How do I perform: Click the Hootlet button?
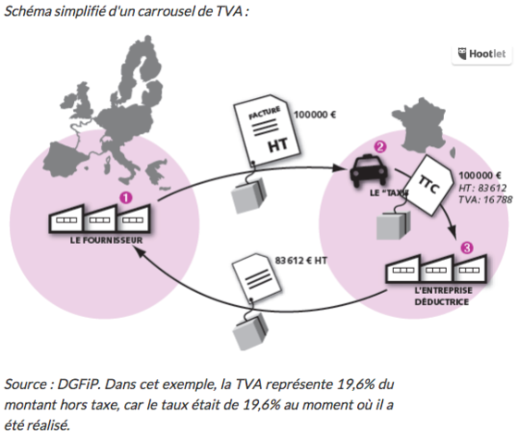coord(482,55)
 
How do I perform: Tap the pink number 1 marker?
coord(126,198)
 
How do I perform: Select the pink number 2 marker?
coord(380,147)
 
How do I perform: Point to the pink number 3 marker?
coord(467,248)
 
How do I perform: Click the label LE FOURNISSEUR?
coord(106,240)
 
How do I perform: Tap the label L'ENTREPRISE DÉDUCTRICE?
coord(442,296)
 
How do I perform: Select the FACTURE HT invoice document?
coord(266,130)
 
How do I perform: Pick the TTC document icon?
coord(429,186)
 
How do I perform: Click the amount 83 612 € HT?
coord(301,261)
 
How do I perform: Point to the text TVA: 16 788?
coord(485,200)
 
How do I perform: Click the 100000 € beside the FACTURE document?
coord(314,115)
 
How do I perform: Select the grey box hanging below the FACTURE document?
coord(249,195)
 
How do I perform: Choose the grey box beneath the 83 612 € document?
coord(250,332)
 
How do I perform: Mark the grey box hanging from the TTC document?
coord(393,226)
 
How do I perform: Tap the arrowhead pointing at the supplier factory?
coord(139,253)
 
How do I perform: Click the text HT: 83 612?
coord(482,188)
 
